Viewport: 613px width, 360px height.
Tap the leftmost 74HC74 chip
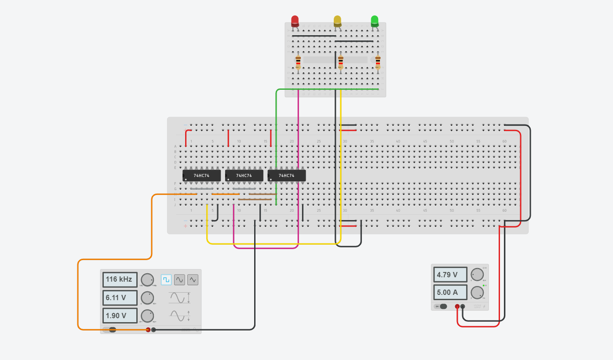click(x=201, y=176)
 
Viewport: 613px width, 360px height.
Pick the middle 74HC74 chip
click(x=244, y=176)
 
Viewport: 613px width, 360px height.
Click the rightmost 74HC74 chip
click(x=287, y=176)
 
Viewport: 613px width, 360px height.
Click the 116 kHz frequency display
click(x=120, y=279)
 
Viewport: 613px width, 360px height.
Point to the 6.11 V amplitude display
click(x=120, y=298)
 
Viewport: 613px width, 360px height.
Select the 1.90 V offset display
click(x=120, y=316)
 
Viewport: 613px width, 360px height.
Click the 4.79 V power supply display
click(x=450, y=275)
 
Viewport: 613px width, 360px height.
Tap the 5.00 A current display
click(x=450, y=292)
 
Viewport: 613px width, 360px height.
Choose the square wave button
click(x=166, y=279)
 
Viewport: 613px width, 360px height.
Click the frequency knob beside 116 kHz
click(x=147, y=279)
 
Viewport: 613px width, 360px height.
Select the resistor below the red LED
click(x=298, y=62)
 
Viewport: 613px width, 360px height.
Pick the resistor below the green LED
click(x=378, y=62)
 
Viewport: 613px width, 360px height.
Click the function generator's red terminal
click(x=148, y=330)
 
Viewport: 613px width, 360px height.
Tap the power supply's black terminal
click(x=463, y=306)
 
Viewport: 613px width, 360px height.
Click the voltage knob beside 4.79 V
click(x=477, y=275)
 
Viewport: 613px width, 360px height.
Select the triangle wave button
click(x=193, y=279)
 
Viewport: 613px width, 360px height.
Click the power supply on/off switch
click(x=440, y=306)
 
